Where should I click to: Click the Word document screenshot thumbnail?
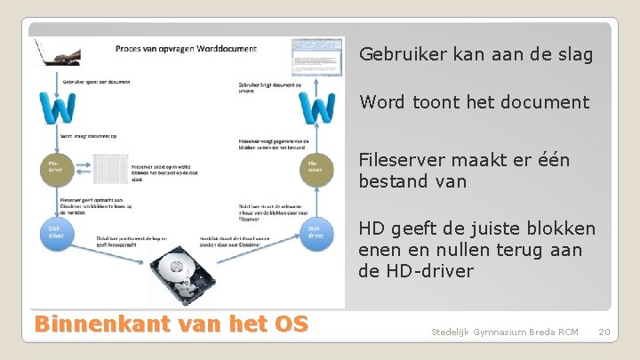coord(317,57)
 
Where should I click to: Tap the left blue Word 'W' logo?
coord(58,108)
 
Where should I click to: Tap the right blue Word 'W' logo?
coord(317,108)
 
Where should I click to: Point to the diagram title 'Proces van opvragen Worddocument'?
coord(186,48)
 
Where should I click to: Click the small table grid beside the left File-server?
coord(110,169)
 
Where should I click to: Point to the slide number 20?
coord(604,332)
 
